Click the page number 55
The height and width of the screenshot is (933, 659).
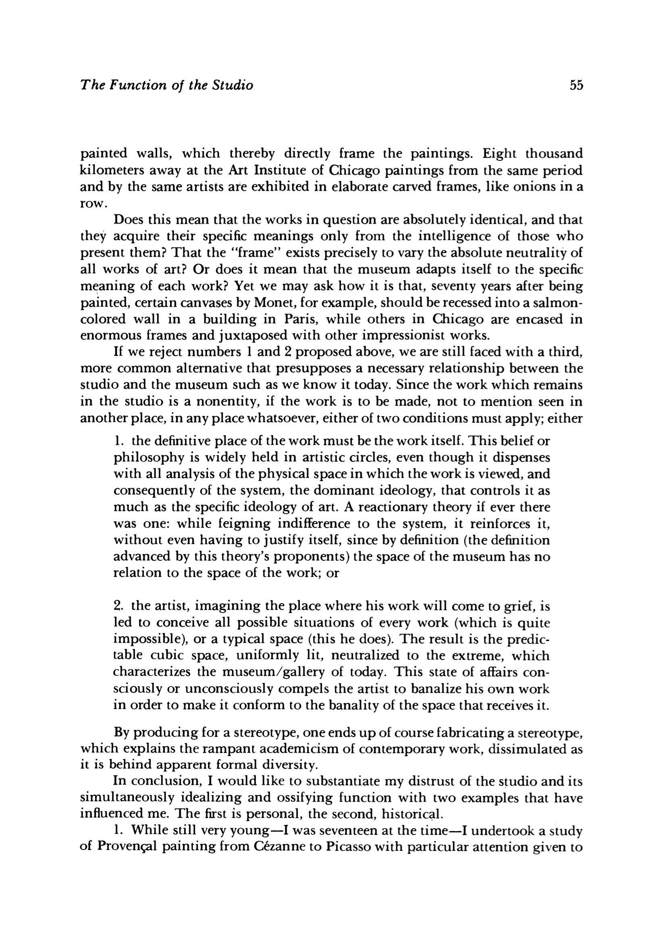click(576, 85)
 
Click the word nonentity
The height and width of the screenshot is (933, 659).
click(226, 402)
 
